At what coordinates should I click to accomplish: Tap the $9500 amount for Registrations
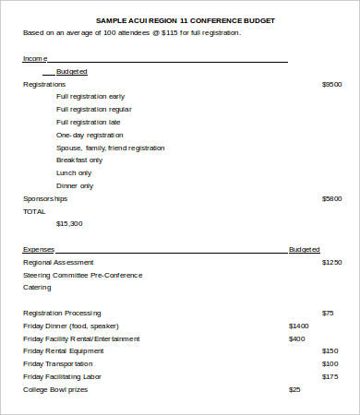pyautogui.click(x=331, y=84)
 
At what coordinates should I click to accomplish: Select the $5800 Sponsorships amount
pyautogui.click(x=331, y=198)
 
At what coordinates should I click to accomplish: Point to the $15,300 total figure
pyautogui.click(x=69, y=223)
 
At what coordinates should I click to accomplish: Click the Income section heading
pyautogui.click(x=34, y=58)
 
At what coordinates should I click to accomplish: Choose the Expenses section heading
pyautogui.click(x=39, y=249)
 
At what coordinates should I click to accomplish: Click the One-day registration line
pyautogui.click(x=90, y=135)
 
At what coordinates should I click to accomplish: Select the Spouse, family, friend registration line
pyautogui.click(x=111, y=148)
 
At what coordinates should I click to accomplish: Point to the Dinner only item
pyautogui.click(x=75, y=185)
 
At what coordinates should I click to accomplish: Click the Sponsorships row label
pyautogui.click(x=45, y=198)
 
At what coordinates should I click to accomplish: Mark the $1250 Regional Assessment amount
pyautogui.click(x=331, y=262)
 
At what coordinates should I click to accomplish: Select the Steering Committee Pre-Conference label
pyautogui.click(x=78, y=274)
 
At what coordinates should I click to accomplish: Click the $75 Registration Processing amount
pyautogui.click(x=328, y=313)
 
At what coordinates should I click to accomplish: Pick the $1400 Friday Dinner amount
pyautogui.click(x=299, y=326)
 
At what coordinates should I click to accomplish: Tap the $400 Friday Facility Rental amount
pyautogui.click(x=296, y=338)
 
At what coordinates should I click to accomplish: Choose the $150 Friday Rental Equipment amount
pyautogui.click(x=330, y=350)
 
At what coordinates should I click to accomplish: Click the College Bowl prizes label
pyautogui.click(x=56, y=389)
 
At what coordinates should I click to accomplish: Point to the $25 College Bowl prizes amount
pyautogui.click(x=294, y=389)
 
